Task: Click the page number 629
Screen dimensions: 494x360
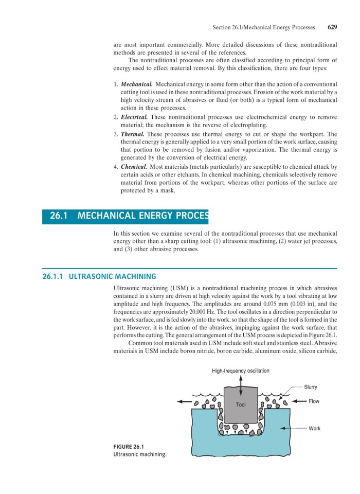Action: tap(332, 27)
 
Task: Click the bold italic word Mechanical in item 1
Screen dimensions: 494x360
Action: tap(136, 84)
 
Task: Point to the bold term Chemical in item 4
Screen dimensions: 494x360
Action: tap(134, 167)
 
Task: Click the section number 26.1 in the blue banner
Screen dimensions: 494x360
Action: tap(60, 216)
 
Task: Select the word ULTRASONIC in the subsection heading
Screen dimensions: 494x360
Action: tap(90, 276)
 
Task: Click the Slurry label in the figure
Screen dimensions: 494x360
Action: tap(311, 387)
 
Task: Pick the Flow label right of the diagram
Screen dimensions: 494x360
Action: tap(313, 401)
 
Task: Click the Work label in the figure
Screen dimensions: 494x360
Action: tap(314, 428)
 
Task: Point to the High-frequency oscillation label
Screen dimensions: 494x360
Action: tap(240, 371)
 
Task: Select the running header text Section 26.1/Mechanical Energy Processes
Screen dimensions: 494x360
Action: tap(267, 27)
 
